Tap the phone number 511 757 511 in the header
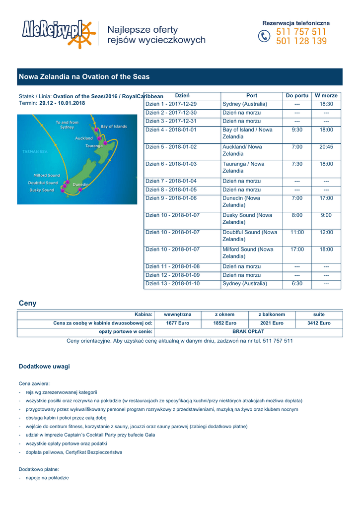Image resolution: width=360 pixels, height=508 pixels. click(301, 32)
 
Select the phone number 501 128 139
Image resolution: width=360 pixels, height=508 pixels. click(301, 42)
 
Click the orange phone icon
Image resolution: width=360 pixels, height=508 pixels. click(264, 37)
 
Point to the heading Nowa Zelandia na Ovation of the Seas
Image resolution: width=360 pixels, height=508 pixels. click(84, 77)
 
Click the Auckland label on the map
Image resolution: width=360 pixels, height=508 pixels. click(83, 138)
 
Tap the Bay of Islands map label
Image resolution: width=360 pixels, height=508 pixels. click(113, 127)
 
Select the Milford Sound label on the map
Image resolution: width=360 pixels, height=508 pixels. click(46, 175)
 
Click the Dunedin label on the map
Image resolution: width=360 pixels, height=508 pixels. click(80, 185)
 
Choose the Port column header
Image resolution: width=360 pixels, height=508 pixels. click(252, 95)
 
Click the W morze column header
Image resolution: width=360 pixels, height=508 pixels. click(326, 95)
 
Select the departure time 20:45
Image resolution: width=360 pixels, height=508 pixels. click(326, 147)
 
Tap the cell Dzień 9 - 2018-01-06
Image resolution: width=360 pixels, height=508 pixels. click(171, 198)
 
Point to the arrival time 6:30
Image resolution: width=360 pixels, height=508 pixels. click(297, 284)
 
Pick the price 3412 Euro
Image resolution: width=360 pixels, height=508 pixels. click(319, 323)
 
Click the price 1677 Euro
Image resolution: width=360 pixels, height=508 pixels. click(177, 323)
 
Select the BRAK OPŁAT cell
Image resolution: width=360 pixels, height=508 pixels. click(248, 332)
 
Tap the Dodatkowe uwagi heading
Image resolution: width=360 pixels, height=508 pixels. click(44, 367)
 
